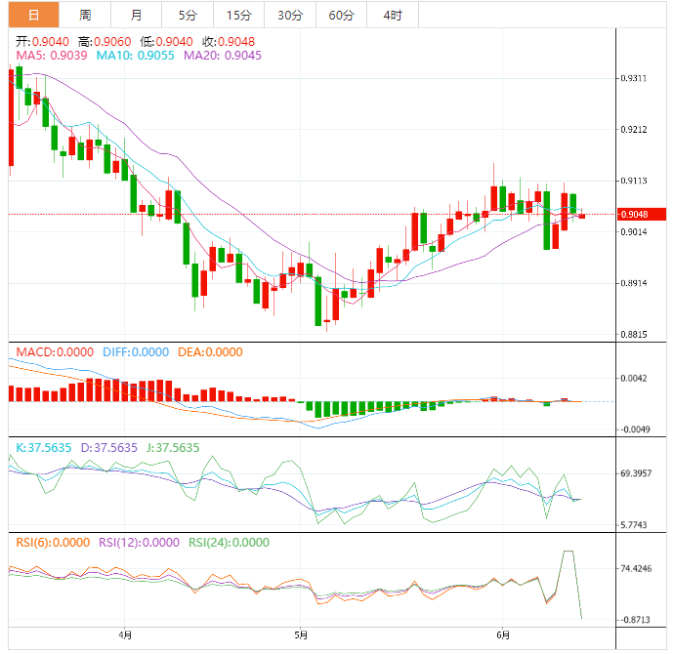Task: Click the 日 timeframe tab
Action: pyautogui.click(x=34, y=15)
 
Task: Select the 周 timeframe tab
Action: pyautogui.click(x=85, y=15)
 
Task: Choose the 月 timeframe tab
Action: pyautogui.click(x=136, y=15)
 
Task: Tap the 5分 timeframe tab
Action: pyautogui.click(x=187, y=15)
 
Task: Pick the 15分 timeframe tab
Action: pyautogui.click(x=237, y=15)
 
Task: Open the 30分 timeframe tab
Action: pyautogui.click(x=289, y=15)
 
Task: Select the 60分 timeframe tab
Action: pyautogui.click(x=341, y=15)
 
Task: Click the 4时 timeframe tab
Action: pyautogui.click(x=393, y=15)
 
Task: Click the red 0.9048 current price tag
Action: pyautogui.click(x=642, y=214)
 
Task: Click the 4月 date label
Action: pyautogui.click(x=124, y=634)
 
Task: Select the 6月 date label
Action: pyautogui.click(x=501, y=634)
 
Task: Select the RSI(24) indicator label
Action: pyautogui.click(x=229, y=543)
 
